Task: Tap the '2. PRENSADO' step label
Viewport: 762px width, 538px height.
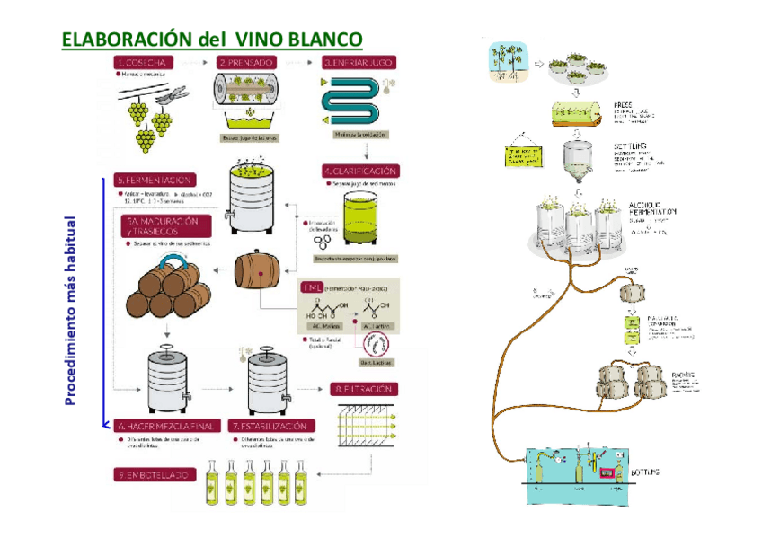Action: (x=247, y=63)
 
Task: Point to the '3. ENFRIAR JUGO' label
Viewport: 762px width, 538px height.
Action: (x=359, y=63)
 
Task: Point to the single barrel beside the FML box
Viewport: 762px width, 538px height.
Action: (x=257, y=269)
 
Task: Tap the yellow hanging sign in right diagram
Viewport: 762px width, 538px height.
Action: (x=523, y=153)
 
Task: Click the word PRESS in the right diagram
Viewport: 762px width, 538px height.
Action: (x=623, y=104)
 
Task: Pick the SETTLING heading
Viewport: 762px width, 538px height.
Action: (x=631, y=146)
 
